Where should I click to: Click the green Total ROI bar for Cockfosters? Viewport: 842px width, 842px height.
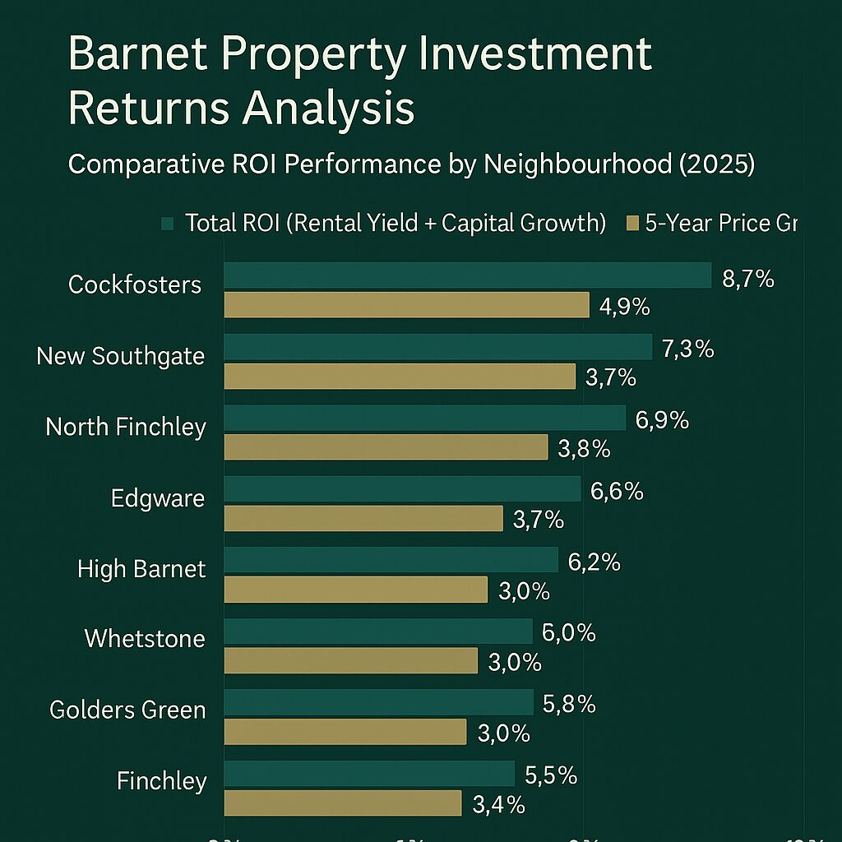tap(467, 275)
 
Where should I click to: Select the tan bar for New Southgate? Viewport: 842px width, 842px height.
tap(400, 377)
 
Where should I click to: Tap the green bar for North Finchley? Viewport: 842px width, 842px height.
tap(424, 419)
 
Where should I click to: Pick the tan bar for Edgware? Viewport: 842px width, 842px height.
tap(363, 519)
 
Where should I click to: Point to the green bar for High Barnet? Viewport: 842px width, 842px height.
tap(391, 560)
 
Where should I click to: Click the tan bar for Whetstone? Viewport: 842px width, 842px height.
tap(351, 660)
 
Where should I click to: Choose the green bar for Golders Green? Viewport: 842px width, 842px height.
tap(378, 702)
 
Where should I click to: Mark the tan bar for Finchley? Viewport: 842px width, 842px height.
tap(343, 803)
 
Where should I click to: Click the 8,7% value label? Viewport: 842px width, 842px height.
tap(748, 279)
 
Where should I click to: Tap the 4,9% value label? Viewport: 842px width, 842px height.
tap(624, 308)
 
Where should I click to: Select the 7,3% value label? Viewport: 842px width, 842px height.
tap(687, 349)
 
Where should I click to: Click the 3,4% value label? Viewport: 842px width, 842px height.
tap(498, 805)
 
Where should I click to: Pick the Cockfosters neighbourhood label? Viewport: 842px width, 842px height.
tap(135, 285)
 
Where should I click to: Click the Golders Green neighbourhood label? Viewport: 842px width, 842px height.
tap(127, 710)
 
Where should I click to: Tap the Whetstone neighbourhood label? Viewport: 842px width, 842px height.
tap(145, 638)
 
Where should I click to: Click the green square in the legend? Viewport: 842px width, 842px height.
tap(169, 224)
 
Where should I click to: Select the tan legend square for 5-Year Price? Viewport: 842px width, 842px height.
tap(632, 224)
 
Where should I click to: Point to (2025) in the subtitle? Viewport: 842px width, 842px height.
tap(712, 164)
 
